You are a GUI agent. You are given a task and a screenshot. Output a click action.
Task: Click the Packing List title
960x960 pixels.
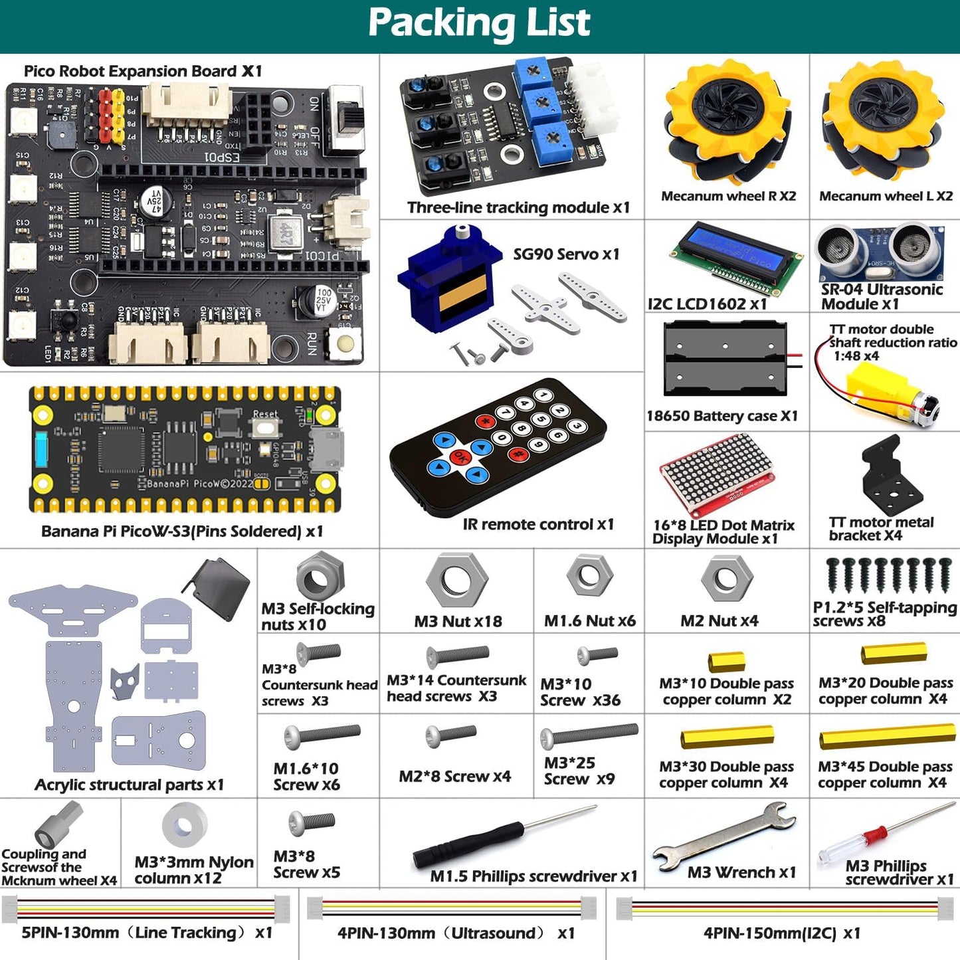click(479, 24)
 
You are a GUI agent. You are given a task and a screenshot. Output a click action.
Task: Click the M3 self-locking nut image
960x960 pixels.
click(320, 577)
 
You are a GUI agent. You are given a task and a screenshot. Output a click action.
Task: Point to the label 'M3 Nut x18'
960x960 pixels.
click(458, 621)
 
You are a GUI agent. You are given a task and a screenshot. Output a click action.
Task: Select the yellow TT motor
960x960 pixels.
click(884, 392)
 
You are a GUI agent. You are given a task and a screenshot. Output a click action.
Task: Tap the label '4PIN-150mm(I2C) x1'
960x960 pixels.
click(781, 933)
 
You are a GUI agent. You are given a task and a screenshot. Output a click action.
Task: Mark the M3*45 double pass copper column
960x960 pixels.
click(886, 739)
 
